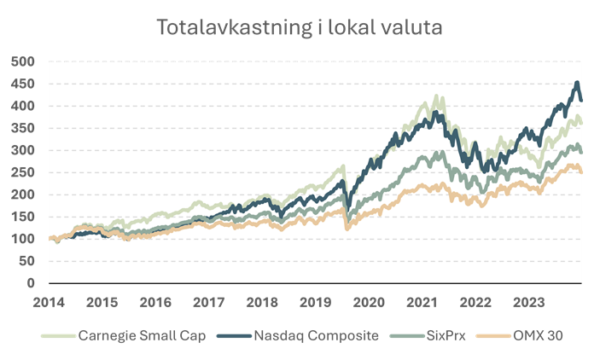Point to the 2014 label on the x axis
(x=49, y=301)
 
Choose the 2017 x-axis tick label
(x=208, y=301)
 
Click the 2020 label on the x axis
(x=369, y=301)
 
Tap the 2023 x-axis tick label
(x=528, y=301)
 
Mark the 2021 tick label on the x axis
(x=422, y=301)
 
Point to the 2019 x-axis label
(x=315, y=301)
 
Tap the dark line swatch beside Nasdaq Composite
(x=236, y=335)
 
